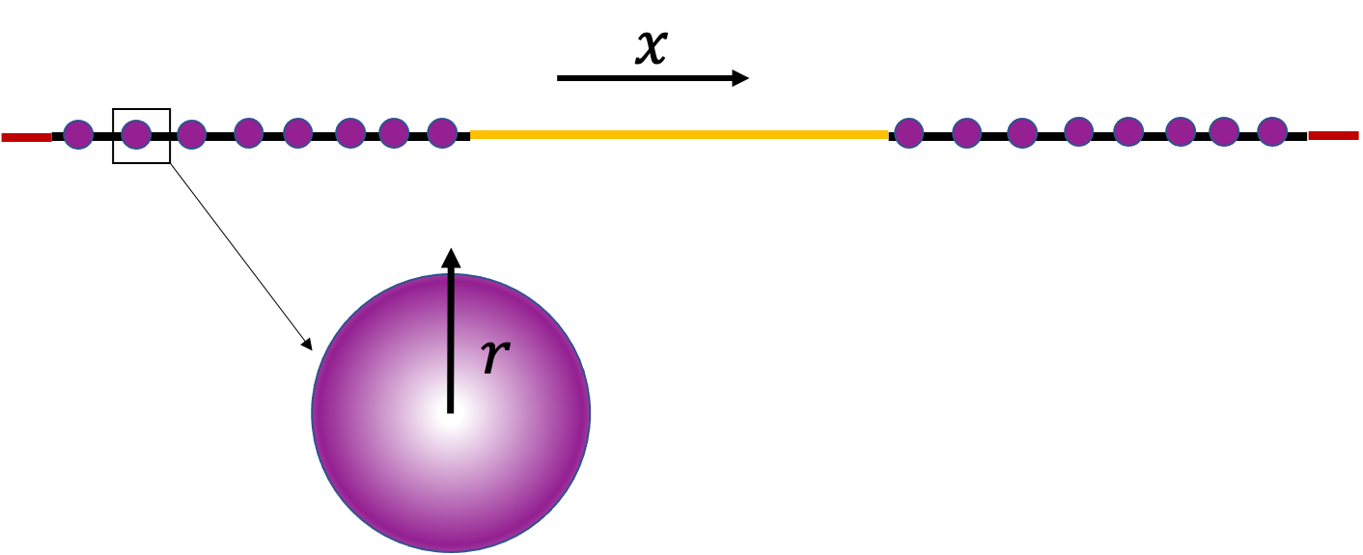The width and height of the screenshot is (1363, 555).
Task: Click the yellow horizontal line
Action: (679, 134)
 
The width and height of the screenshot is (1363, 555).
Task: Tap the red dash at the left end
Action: (26, 137)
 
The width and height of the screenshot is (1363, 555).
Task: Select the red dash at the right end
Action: (1333, 135)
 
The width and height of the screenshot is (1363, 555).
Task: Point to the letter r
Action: (493, 356)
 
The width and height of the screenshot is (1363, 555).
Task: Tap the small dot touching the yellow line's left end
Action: (442, 133)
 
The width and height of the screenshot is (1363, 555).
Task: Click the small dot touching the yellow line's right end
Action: (908, 133)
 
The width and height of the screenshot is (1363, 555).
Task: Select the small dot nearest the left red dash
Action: (78, 134)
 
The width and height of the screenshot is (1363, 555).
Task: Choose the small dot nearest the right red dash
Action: (1272, 131)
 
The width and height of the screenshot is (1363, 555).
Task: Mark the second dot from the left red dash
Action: (136, 134)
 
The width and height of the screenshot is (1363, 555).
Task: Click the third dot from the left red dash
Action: (191, 134)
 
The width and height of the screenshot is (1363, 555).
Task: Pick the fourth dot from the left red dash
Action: (248, 133)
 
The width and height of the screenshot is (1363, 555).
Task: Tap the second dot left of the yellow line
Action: (394, 133)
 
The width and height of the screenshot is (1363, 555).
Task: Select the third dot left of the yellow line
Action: (350, 133)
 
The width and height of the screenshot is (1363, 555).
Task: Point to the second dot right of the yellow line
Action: (966, 133)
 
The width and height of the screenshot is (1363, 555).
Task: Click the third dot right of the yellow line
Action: (1022, 133)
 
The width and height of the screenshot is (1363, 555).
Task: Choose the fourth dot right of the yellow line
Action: (1078, 131)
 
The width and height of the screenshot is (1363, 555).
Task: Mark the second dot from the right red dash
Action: (1224, 131)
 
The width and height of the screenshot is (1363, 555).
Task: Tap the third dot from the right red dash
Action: (1181, 131)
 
